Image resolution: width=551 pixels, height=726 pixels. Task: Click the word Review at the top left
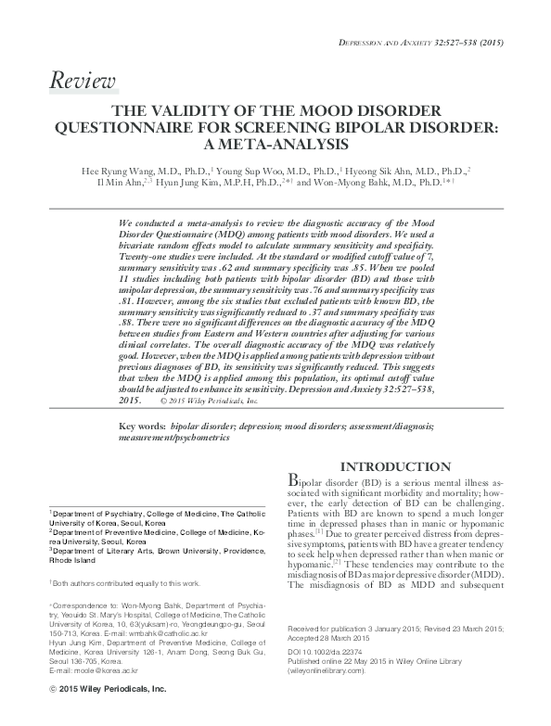pyautogui.click(x=83, y=82)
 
